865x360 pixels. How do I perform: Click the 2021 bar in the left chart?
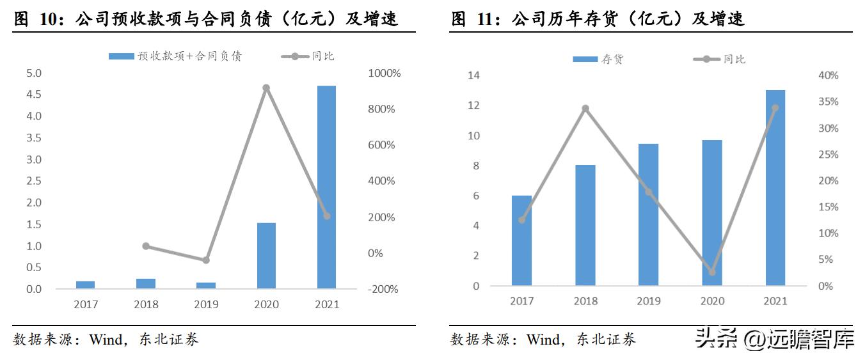[326, 187]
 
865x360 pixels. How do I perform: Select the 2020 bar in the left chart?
[266, 256]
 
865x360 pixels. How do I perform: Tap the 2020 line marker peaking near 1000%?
[266, 88]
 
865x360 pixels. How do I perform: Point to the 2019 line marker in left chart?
[205, 260]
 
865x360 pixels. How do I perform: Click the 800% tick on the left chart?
[381, 109]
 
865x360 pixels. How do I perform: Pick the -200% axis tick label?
[383, 289]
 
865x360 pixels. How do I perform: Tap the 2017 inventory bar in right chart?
[521, 240]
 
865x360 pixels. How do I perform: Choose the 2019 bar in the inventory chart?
[648, 215]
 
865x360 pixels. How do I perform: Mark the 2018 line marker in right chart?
[585, 109]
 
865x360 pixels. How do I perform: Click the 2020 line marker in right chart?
[711, 272]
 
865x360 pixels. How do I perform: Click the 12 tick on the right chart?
[474, 106]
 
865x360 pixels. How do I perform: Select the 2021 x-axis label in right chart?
[775, 301]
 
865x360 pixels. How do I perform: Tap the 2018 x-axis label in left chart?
[146, 304]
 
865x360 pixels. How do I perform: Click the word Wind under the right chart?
[543, 340]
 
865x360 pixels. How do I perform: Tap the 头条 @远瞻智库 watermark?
[775, 339]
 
